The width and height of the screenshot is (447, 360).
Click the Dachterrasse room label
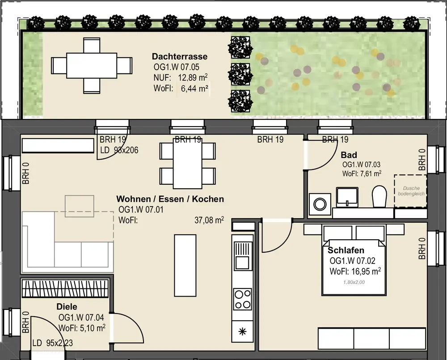point(180,56)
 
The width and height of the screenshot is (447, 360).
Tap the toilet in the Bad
point(380,196)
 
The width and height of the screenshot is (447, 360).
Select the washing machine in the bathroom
point(320,204)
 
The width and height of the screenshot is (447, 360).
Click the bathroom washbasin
point(347,197)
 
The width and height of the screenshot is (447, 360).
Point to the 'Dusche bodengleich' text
point(411,191)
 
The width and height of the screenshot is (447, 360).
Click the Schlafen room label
point(346,250)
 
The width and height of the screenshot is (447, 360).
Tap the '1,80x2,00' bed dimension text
point(354,282)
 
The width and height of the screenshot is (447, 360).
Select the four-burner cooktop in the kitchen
point(242,299)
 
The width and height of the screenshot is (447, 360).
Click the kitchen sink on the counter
point(243,256)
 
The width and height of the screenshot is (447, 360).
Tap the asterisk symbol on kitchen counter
point(242,331)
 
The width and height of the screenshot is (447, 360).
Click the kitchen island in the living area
point(186,265)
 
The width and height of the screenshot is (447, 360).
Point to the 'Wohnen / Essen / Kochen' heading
point(170,199)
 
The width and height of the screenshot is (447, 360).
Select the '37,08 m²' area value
point(209,220)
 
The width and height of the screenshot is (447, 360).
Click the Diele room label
point(67,307)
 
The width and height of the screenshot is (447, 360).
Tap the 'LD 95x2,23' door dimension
point(52,343)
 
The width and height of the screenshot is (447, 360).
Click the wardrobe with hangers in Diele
point(66,288)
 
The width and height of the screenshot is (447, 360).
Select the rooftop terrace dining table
point(92,65)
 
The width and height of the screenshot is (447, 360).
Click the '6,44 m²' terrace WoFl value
point(194,89)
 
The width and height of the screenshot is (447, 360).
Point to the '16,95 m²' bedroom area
point(367,271)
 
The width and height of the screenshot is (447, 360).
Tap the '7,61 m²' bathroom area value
point(371,174)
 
